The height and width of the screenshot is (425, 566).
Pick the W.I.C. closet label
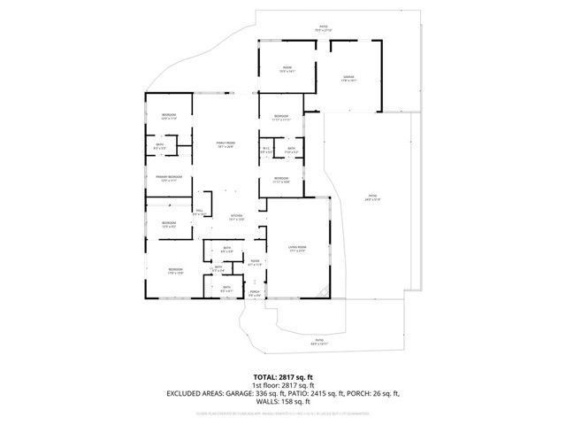266,150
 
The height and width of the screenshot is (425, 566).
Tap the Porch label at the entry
255,291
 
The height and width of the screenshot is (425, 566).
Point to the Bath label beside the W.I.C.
291,150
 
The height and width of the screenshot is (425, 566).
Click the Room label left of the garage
287,69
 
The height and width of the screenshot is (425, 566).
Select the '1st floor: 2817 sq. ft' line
282,385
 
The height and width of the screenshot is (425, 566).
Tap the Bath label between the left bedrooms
160,147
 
